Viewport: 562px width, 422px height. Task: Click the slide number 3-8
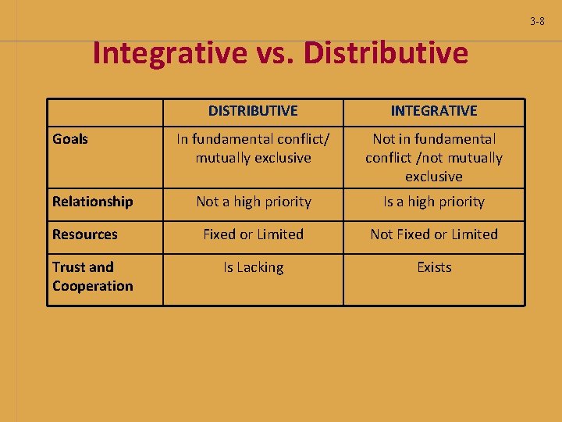(537, 21)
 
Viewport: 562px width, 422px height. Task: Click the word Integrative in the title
(169, 53)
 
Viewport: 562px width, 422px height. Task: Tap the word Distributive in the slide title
(386, 53)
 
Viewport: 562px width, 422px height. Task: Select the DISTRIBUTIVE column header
(253, 111)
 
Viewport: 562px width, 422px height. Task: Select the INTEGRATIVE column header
(434, 111)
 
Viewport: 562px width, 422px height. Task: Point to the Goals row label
(70, 139)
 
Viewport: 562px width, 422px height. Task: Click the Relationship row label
(93, 202)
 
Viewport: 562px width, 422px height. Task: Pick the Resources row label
(85, 234)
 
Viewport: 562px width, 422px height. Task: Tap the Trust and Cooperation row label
(93, 277)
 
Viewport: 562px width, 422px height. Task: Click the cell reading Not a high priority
(254, 202)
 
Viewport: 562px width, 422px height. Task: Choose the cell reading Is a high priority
(434, 202)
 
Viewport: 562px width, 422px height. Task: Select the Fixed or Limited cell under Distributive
(254, 234)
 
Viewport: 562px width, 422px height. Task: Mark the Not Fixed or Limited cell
(434, 234)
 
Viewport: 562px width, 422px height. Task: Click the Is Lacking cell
(254, 267)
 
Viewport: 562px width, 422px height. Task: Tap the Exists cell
(434, 267)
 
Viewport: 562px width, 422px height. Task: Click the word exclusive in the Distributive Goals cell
(283, 158)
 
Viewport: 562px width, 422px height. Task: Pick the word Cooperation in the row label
(93, 286)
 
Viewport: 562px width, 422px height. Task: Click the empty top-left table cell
(105, 111)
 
